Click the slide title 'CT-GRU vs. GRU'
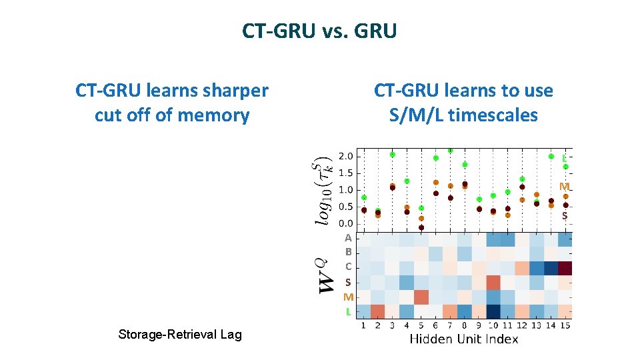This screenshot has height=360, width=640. [x=319, y=31]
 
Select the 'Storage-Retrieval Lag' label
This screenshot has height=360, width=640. [x=179, y=334]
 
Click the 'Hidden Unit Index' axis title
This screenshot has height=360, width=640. [x=463, y=339]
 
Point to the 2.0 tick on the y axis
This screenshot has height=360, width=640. [x=346, y=157]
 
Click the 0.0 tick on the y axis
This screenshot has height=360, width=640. [x=346, y=223]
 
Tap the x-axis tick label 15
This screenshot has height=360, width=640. [x=565, y=325]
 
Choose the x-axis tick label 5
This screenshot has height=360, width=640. [x=421, y=325]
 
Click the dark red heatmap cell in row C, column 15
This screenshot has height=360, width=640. [x=565, y=268]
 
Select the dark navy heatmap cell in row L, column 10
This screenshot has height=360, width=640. [x=493, y=311]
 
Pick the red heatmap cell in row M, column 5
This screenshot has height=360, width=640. [x=421, y=297]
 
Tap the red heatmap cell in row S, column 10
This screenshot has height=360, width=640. [x=493, y=283]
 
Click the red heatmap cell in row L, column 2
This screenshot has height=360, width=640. [x=378, y=311]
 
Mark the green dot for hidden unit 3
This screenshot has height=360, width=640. [x=393, y=155]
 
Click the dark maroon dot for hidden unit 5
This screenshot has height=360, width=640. [x=421, y=227]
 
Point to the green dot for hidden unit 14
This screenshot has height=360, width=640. [x=551, y=157]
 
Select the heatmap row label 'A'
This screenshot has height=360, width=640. [x=348, y=238]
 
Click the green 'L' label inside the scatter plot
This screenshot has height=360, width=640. [x=564, y=159]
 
